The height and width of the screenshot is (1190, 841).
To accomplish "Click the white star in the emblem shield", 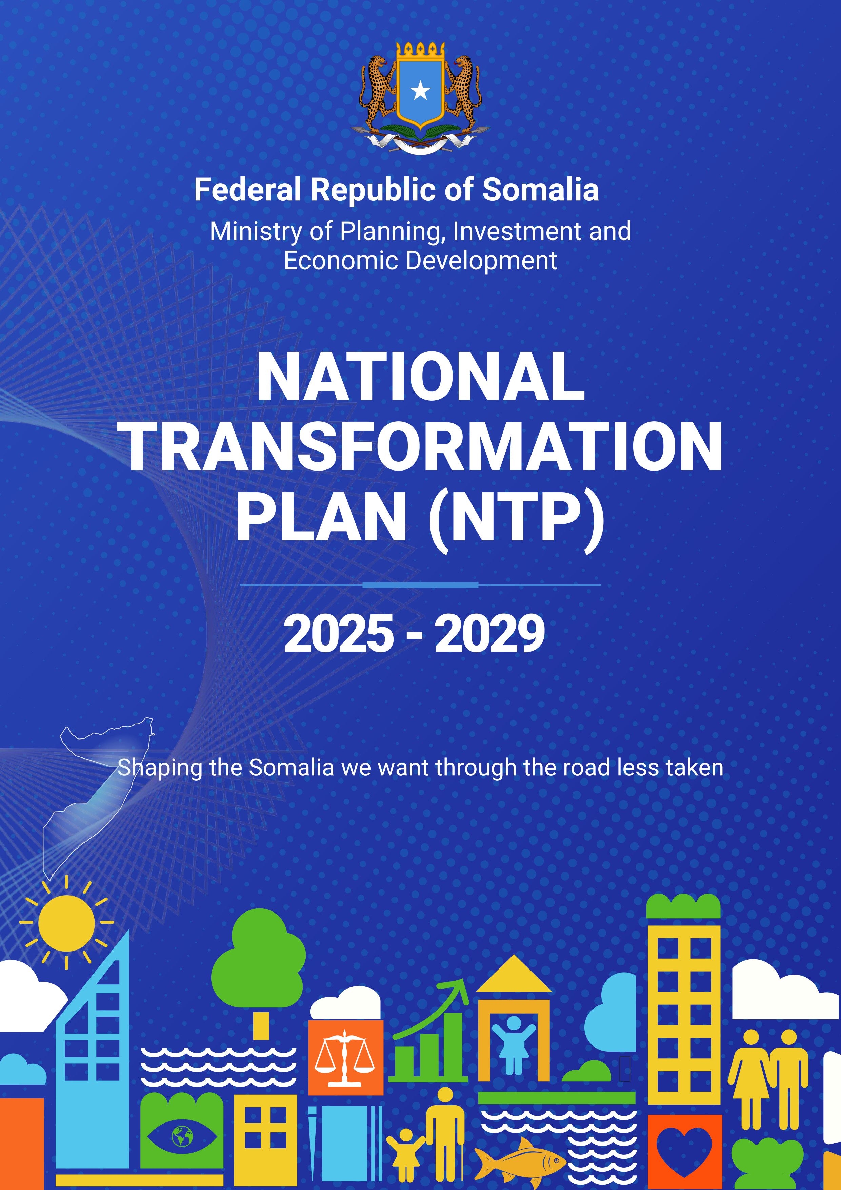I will (x=420, y=92).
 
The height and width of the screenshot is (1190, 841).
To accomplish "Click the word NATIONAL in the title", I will (x=420, y=377).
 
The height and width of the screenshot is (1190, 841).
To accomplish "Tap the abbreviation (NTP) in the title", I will (x=516, y=518).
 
